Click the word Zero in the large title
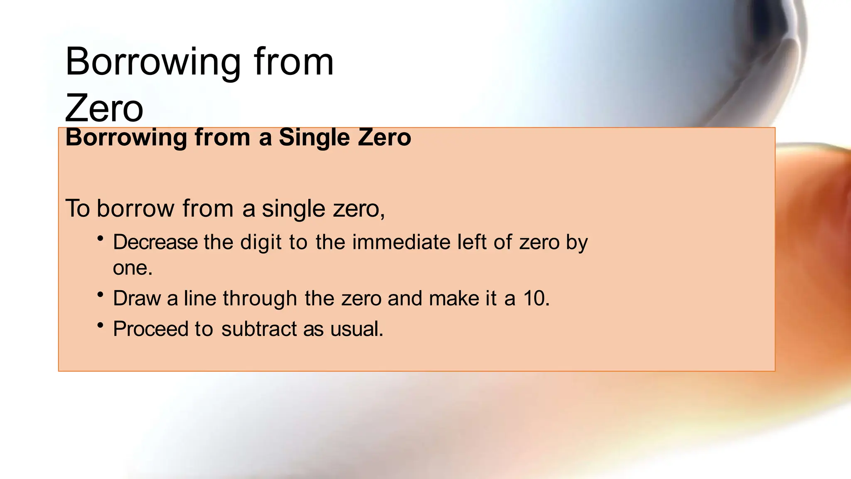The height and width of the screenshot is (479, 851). (x=104, y=108)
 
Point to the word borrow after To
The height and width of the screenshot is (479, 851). (x=135, y=208)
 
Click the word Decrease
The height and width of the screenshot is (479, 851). (x=155, y=242)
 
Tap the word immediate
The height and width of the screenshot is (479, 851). (x=401, y=242)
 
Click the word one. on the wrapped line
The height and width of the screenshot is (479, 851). (x=133, y=268)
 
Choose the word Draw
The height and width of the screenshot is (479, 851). (x=137, y=299)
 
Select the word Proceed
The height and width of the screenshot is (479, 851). (x=150, y=329)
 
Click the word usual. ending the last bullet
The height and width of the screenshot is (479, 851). (x=357, y=329)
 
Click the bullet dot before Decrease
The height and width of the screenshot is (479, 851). (x=100, y=239)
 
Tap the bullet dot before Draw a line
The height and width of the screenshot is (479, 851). (x=100, y=295)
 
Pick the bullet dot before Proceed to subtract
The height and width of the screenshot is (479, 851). (x=100, y=325)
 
